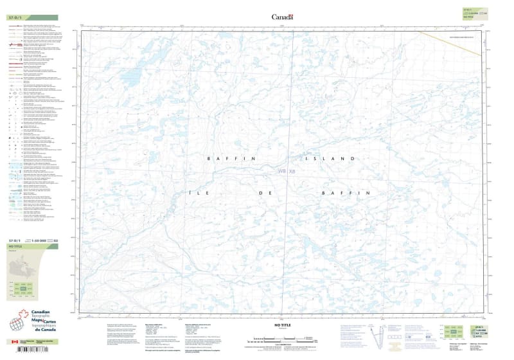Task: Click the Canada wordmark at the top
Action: coord(282,17)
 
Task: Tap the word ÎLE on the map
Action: coord(195,192)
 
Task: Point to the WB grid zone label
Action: coord(281,171)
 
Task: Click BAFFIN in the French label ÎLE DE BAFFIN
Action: coord(346,192)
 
